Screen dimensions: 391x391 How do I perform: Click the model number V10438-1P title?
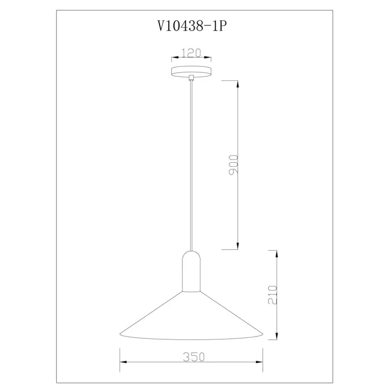[x=192, y=25]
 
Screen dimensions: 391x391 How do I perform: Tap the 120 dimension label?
[x=191, y=53]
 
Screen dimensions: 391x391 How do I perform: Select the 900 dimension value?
[x=233, y=165]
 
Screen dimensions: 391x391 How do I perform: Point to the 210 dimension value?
[x=272, y=295]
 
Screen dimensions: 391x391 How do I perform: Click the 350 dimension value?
[x=194, y=357]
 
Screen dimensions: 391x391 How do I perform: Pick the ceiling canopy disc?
[x=191, y=71]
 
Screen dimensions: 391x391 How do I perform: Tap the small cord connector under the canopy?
[x=191, y=78]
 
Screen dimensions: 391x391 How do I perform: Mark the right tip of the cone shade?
[x=263, y=333]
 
